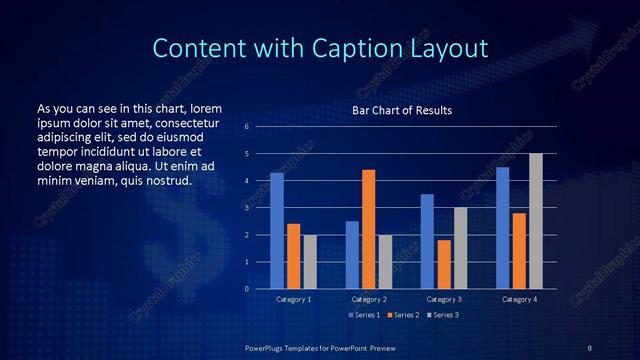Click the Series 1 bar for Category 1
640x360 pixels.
pos(277,231)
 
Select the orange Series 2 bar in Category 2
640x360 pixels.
pos(369,229)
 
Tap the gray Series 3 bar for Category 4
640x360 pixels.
pos(536,221)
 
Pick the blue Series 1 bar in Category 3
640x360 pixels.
pos(427,241)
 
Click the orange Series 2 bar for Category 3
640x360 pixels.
pos(444,264)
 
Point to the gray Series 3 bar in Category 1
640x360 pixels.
pos(310,262)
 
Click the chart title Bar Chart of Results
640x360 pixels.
pos(402,109)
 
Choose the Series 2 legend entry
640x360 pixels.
pos(403,315)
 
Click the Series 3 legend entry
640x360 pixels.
pos(442,315)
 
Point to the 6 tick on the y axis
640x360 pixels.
pos(246,127)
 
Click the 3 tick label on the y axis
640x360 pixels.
pos(246,208)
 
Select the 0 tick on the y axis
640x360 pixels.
pos(246,289)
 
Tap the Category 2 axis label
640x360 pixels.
pos(369,299)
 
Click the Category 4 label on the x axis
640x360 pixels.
pos(519,299)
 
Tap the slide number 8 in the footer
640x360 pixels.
pos(590,346)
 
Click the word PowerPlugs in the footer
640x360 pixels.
pos(269,346)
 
